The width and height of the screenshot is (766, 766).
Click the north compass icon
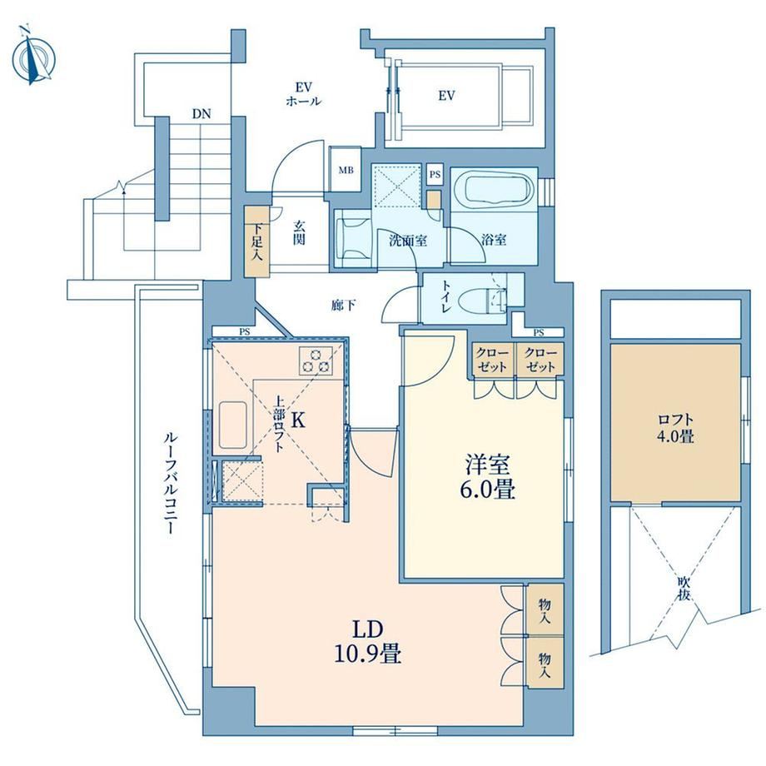coord(33,57)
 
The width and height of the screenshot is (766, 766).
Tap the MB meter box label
coord(346,171)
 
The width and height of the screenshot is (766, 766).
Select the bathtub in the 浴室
coord(494,191)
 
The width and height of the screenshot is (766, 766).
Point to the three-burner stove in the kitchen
coord(316,361)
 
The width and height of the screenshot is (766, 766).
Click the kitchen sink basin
coord(232,425)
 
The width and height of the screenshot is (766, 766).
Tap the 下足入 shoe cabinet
coord(257,241)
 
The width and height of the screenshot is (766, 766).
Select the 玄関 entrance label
coord(299,232)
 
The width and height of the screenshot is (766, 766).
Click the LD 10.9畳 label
coord(367,641)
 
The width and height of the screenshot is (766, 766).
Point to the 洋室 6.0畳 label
coord(486,477)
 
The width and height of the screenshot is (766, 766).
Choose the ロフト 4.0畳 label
coord(675,428)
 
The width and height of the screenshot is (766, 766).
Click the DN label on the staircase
coord(201,114)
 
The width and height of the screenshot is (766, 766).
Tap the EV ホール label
coord(303,94)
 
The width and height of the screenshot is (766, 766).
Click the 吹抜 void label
coord(684,589)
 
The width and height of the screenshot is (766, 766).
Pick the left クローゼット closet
coord(492,360)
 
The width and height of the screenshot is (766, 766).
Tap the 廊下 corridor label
coord(343,306)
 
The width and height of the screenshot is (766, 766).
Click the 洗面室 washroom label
coord(408,240)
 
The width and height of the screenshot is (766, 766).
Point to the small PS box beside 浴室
coord(435,174)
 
